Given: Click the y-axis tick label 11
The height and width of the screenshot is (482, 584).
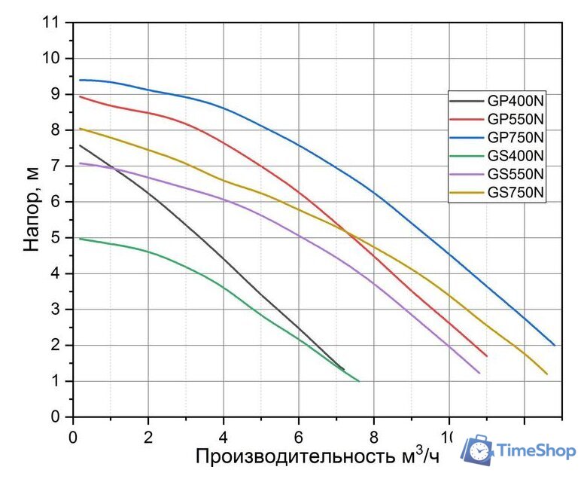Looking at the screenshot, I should tap(51, 23).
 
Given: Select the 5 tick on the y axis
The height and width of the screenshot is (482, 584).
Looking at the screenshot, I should tap(56, 238).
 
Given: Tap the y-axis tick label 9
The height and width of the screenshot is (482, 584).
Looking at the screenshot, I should tap(56, 94).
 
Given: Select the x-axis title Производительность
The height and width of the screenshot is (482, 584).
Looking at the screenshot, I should tap(297, 456).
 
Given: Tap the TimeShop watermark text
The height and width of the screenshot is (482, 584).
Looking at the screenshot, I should tap(536, 450).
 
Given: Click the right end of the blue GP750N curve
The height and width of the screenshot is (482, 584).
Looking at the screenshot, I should tap(555, 345).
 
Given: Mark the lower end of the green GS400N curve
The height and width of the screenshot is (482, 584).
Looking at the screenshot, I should tap(359, 381).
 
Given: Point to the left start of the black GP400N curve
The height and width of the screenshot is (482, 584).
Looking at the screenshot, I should tap(80, 145).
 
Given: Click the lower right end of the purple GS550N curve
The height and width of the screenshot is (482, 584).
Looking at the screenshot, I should tap(479, 373).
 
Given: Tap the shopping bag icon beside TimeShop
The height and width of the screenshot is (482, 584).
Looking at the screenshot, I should tap(477, 450).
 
